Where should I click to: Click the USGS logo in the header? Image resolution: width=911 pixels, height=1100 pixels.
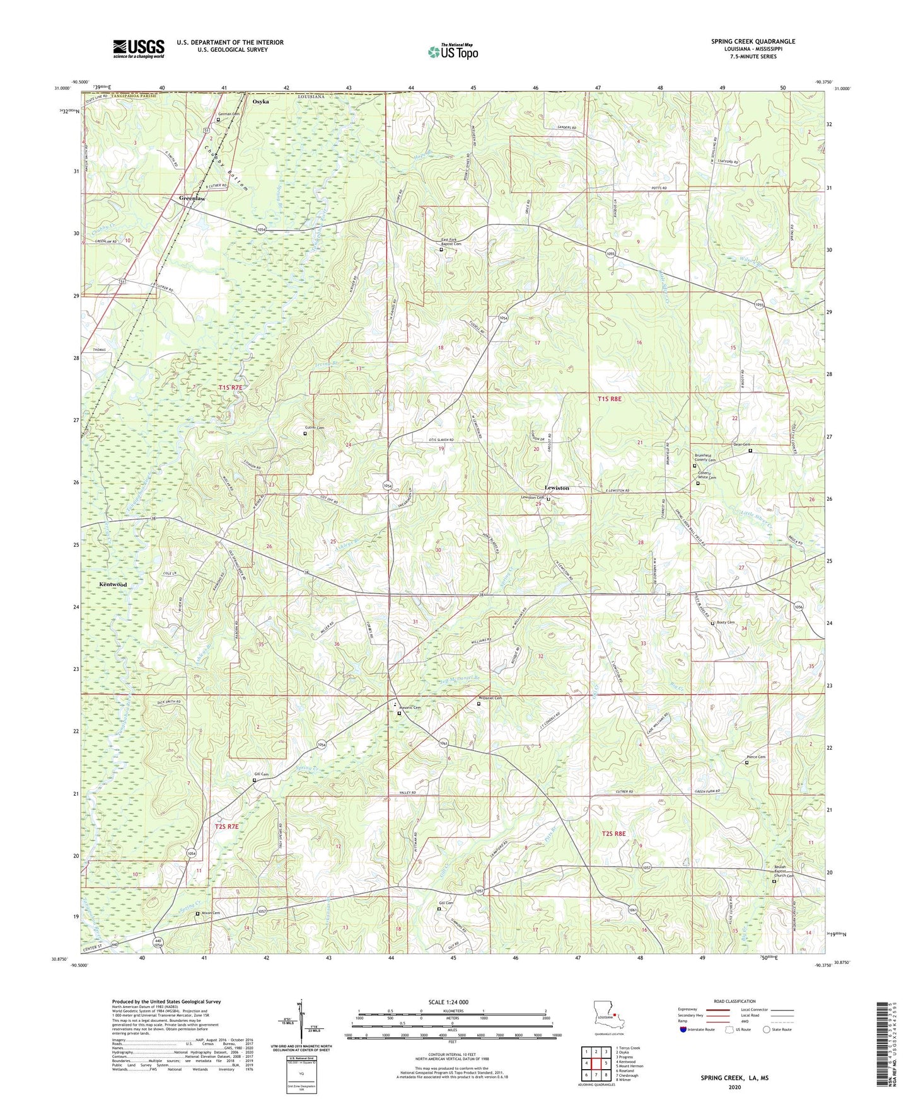(139, 49)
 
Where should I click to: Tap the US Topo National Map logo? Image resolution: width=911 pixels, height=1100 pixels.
(453, 52)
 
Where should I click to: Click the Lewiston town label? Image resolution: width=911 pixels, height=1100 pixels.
(557, 488)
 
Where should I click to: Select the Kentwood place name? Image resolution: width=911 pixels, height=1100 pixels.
(113, 585)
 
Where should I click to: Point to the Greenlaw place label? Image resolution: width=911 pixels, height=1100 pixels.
(192, 198)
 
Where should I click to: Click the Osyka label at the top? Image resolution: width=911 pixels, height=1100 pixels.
(260, 101)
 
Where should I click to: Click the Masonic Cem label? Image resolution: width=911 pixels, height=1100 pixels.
(410, 708)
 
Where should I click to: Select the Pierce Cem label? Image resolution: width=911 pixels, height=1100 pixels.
(756, 757)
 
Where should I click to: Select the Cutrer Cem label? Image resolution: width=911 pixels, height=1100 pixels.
(316, 428)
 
